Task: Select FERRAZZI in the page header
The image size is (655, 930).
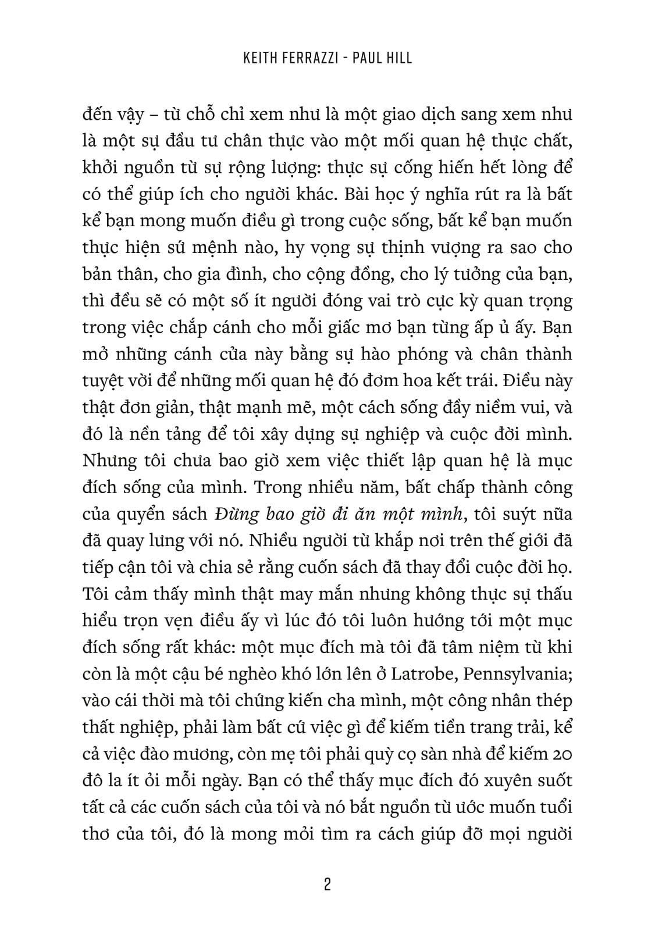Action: [x=314, y=58]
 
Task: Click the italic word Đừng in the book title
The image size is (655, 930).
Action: [x=233, y=514]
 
